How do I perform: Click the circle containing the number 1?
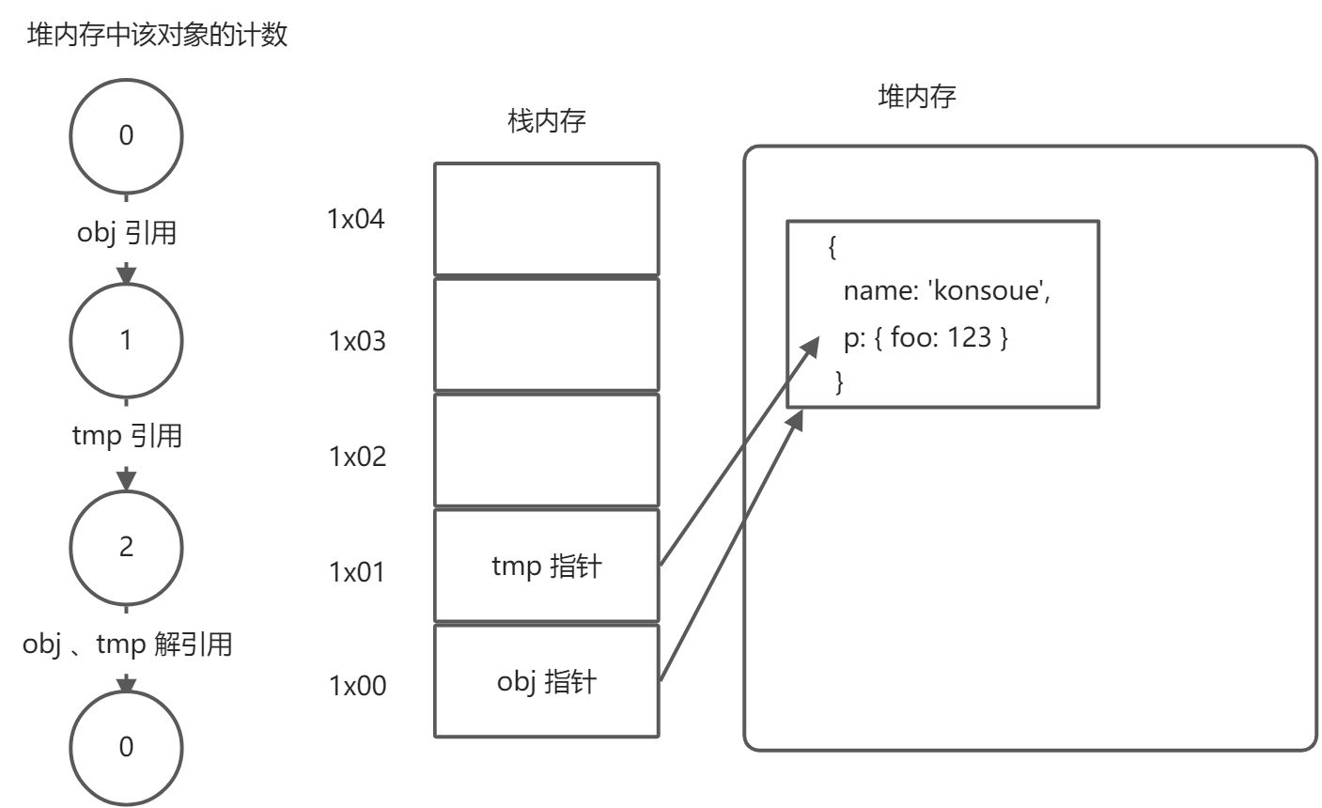pos(127,339)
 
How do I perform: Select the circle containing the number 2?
pos(127,546)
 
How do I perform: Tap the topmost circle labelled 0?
pos(127,135)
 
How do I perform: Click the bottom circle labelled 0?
pos(127,748)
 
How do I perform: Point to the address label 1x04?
pos(356,219)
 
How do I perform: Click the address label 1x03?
pos(357,340)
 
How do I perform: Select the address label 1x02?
pos(357,457)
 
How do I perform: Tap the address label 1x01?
pos(357,571)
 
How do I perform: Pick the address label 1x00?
pos(357,686)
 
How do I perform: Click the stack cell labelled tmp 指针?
pos(546,566)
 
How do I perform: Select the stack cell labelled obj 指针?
pos(546,681)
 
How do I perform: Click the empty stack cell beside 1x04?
pos(546,219)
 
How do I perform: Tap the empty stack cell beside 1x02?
pos(546,450)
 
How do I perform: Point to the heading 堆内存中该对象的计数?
pos(157,36)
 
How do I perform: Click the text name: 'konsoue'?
pos(945,291)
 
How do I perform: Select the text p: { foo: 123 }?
pos(925,336)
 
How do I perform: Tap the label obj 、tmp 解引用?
pos(127,645)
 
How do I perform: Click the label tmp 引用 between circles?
pos(127,436)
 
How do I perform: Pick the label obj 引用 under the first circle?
pos(127,232)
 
